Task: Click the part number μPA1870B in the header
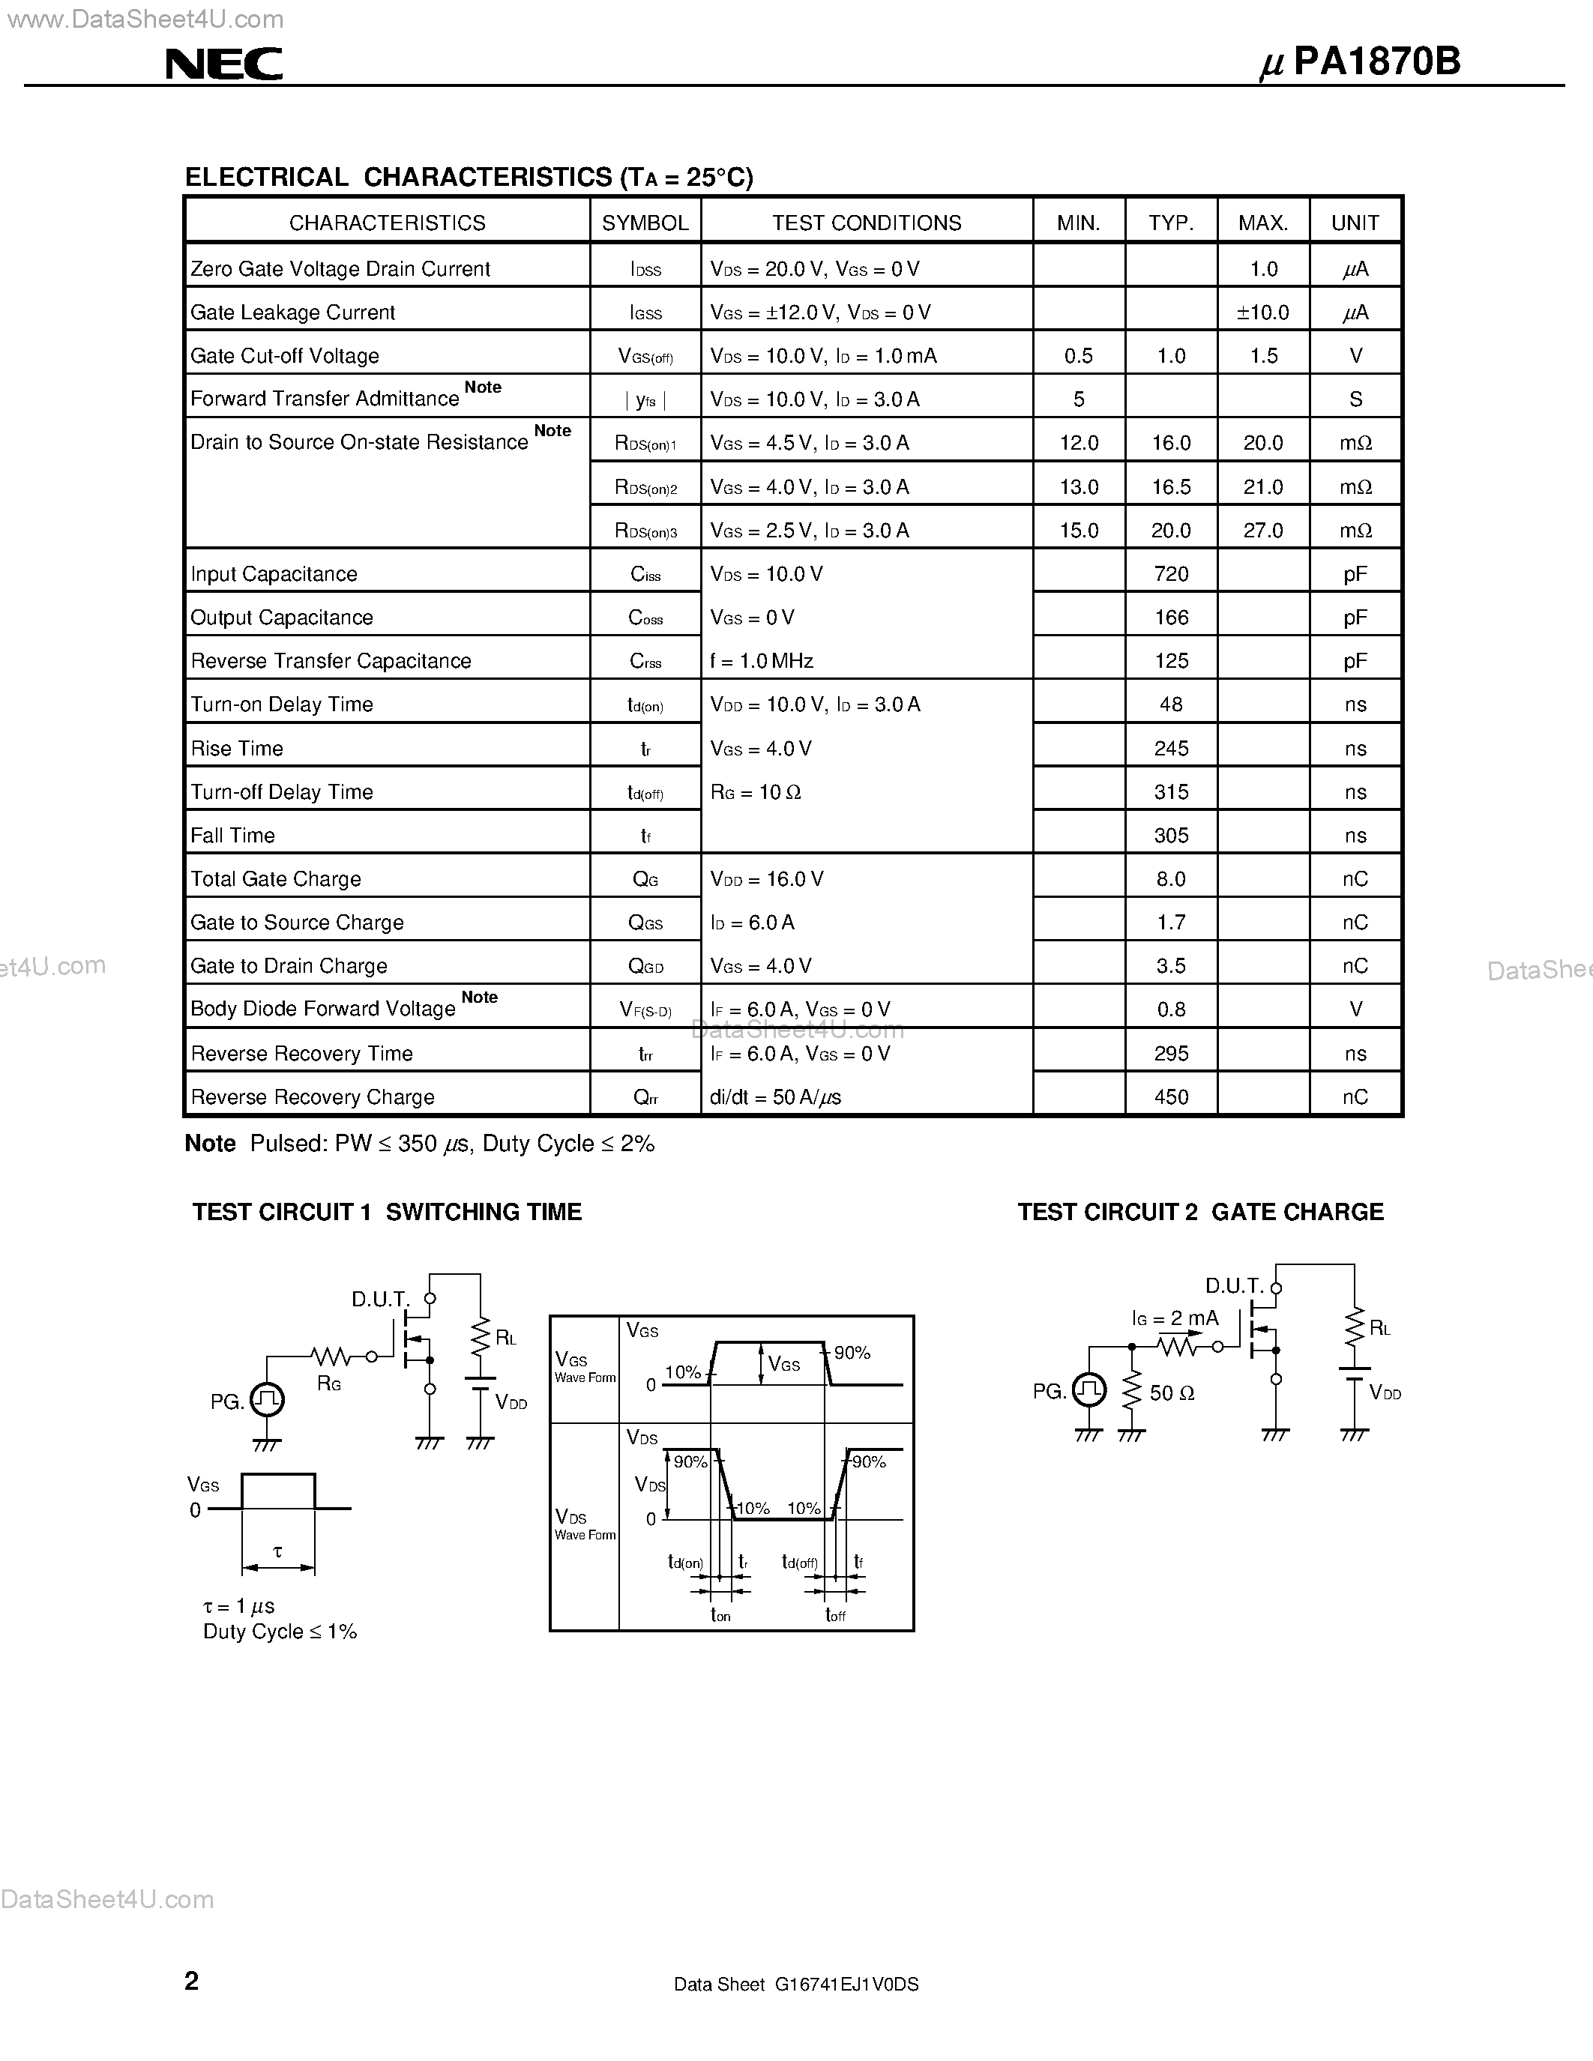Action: tap(1360, 62)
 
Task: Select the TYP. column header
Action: tap(1171, 223)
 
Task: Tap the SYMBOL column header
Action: tap(645, 223)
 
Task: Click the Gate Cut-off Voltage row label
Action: tap(285, 356)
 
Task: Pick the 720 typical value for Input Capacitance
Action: tap(1171, 574)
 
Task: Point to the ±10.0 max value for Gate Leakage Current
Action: tap(1262, 313)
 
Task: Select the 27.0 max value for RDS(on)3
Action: tap(1262, 531)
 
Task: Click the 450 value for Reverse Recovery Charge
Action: tap(1171, 1096)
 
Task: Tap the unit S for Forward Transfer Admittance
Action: tap(1355, 399)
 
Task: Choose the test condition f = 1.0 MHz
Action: tap(762, 660)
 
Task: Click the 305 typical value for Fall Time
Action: tap(1171, 835)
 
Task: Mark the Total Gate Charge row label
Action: tap(276, 878)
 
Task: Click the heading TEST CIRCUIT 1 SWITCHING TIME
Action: tap(387, 1212)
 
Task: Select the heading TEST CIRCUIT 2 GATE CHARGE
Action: tap(1200, 1212)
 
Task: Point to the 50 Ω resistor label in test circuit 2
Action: tap(1172, 1393)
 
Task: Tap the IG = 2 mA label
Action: tap(1175, 1318)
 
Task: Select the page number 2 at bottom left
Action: tap(192, 1981)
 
